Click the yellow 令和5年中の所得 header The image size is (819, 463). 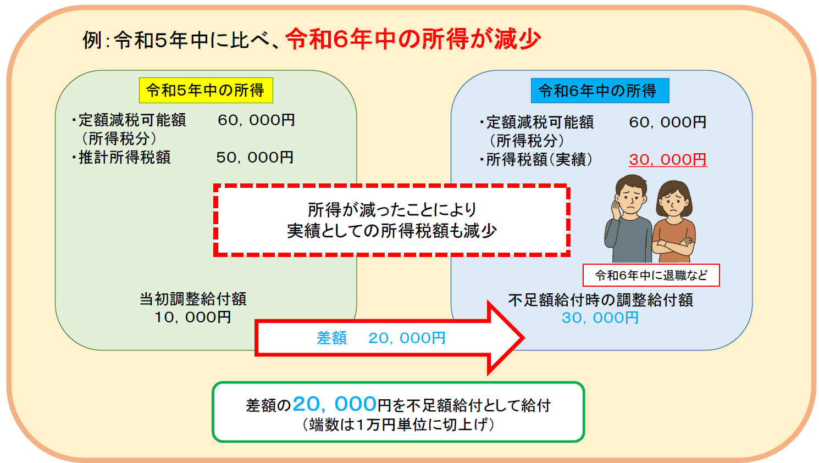(x=206, y=90)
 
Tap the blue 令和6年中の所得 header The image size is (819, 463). (x=600, y=91)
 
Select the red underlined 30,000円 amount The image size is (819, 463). (x=668, y=160)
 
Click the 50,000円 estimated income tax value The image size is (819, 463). (x=255, y=158)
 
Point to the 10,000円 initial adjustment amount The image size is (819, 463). (x=193, y=317)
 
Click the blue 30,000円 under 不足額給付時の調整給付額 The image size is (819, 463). (x=600, y=317)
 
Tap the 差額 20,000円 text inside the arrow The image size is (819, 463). (x=381, y=338)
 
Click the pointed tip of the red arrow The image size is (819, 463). (x=524, y=338)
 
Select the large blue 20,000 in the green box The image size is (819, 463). (x=335, y=404)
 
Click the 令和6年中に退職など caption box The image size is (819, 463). (x=651, y=275)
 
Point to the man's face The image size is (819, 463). (x=632, y=197)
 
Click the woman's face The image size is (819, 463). (x=676, y=203)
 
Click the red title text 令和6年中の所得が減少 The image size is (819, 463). (x=413, y=39)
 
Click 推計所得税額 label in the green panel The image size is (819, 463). (x=125, y=158)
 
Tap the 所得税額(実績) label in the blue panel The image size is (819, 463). (x=539, y=160)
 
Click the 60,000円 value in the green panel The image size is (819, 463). (x=256, y=120)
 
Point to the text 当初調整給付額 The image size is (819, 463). (x=193, y=299)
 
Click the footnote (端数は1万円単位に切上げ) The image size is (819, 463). (x=399, y=425)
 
